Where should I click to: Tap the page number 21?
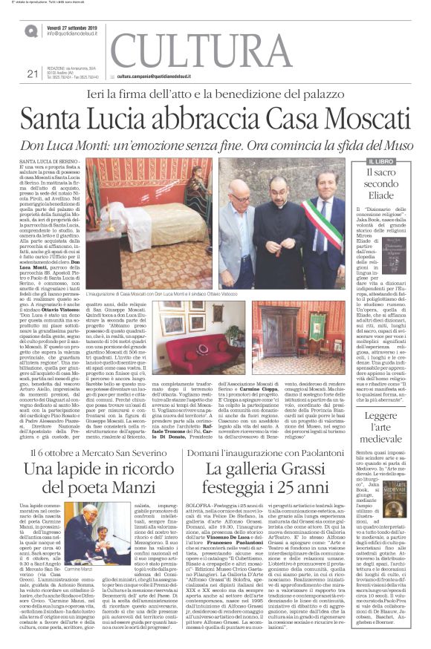click(31, 73)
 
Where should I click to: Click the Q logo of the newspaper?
click(31, 30)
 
